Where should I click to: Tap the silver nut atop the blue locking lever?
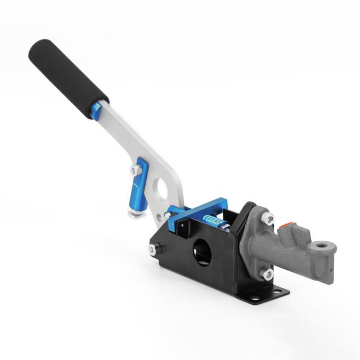135,169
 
